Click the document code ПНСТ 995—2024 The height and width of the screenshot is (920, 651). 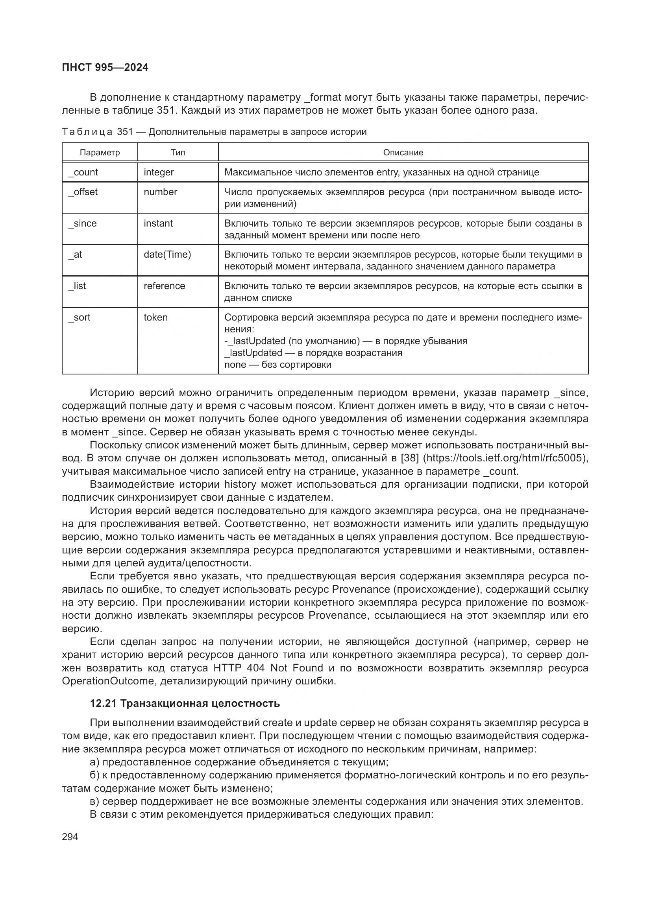(x=105, y=67)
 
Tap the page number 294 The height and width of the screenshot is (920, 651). (x=70, y=837)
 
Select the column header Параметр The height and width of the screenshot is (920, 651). (x=100, y=153)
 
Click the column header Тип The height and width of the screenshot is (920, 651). (x=178, y=153)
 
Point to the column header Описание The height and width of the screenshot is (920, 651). (x=403, y=153)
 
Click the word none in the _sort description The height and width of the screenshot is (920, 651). (x=235, y=365)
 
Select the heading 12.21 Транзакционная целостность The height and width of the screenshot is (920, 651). (x=185, y=703)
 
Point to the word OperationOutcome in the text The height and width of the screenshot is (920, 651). (x=108, y=681)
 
